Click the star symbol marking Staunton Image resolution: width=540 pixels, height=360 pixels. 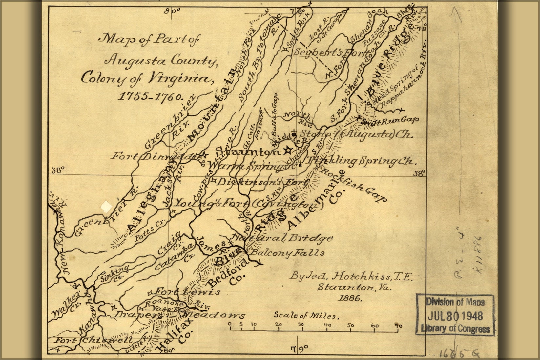287,150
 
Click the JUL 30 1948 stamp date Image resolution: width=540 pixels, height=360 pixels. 455,316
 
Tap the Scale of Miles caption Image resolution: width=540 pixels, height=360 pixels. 305,316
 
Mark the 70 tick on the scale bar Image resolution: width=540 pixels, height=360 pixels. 398,326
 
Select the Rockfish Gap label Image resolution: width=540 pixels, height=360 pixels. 354,185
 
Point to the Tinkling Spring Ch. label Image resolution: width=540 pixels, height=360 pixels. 361,161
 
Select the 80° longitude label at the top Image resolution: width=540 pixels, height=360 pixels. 173,10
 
